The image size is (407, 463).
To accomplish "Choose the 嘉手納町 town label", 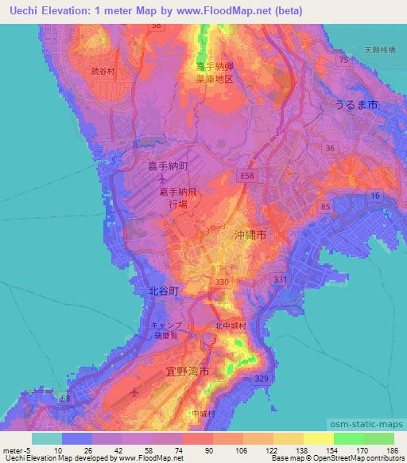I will (168, 165).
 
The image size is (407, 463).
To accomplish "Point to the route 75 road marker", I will (343, 60).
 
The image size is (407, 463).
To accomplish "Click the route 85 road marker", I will (324, 207).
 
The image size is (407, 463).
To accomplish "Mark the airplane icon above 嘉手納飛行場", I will (162, 179).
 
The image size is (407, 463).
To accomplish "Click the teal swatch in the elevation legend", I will (47, 438).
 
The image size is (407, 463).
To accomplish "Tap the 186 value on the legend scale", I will (389, 450).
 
